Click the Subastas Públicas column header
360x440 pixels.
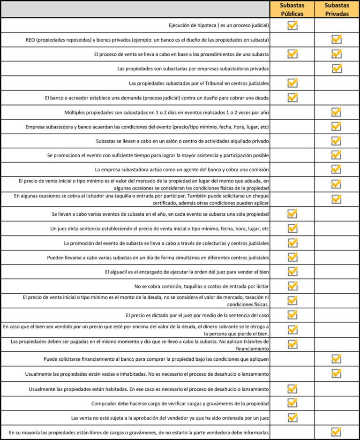click(x=292, y=9)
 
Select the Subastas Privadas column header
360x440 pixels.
click(x=337, y=9)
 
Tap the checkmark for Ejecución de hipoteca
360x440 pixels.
click(x=292, y=25)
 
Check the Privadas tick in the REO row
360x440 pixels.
click(x=336, y=39)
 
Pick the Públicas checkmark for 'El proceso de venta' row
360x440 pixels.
click(x=292, y=54)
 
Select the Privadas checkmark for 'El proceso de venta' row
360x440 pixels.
click(x=336, y=54)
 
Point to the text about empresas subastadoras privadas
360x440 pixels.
click(x=193, y=68)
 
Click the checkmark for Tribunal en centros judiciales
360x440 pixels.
click(x=292, y=83)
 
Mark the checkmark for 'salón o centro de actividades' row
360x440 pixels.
click(x=336, y=141)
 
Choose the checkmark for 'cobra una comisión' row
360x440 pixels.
click(x=336, y=169)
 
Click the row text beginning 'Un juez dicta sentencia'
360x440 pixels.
click(x=159, y=228)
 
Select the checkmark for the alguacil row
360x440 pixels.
click(x=292, y=272)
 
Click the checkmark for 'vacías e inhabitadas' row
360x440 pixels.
click(x=336, y=373)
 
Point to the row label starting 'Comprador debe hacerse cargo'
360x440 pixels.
click(x=180, y=403)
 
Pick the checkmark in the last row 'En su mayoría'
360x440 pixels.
click(x=336, y=432)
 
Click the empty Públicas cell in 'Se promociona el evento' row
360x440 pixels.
click(x=292, y=155)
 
